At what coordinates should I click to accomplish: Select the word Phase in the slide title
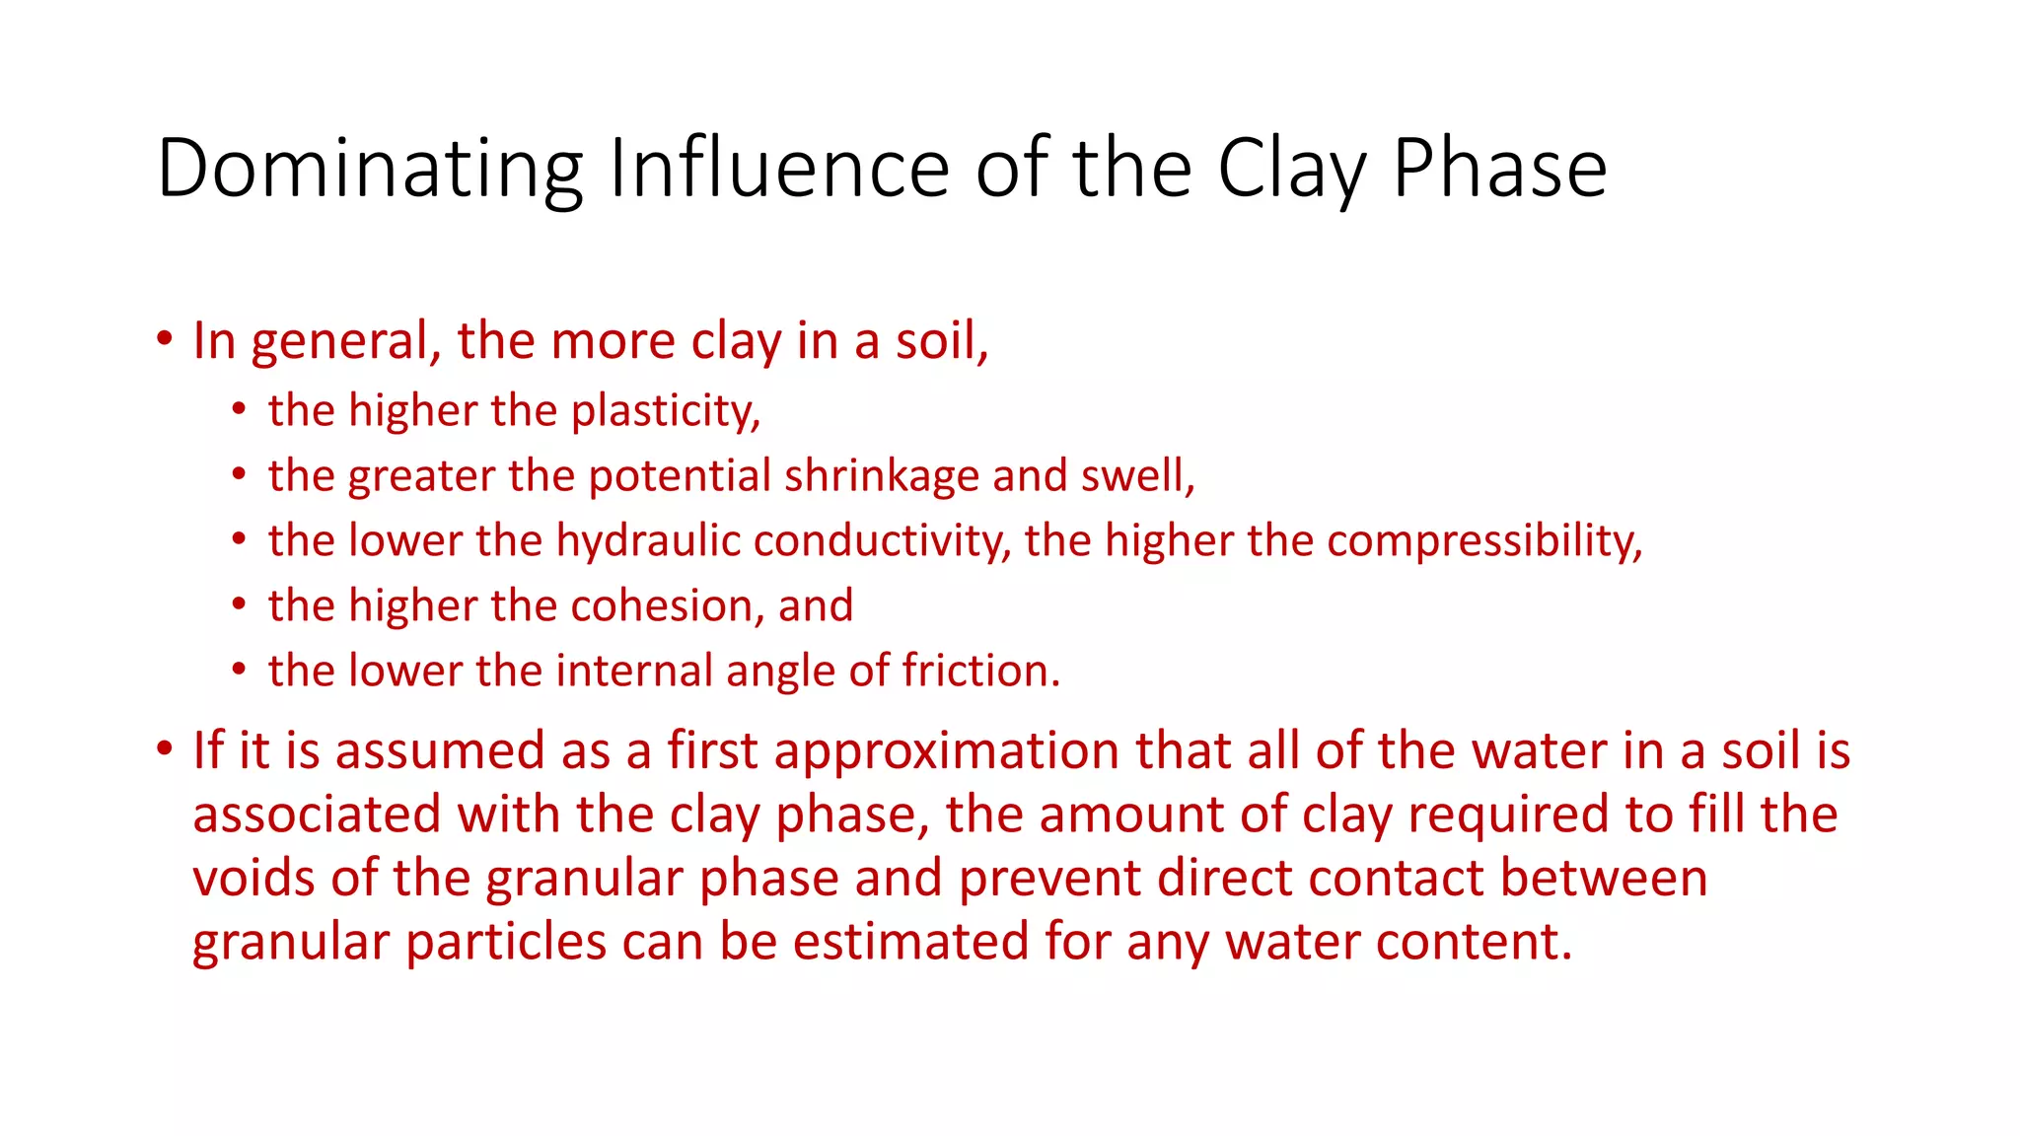click(1499, 170)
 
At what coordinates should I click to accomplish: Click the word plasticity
click(666, 411)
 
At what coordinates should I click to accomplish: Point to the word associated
click(316, 816)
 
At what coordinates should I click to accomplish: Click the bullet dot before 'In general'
click(165, 340)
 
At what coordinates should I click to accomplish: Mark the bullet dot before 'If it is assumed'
click(165, 750)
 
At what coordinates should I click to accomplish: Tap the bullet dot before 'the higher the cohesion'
click(239, 605)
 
